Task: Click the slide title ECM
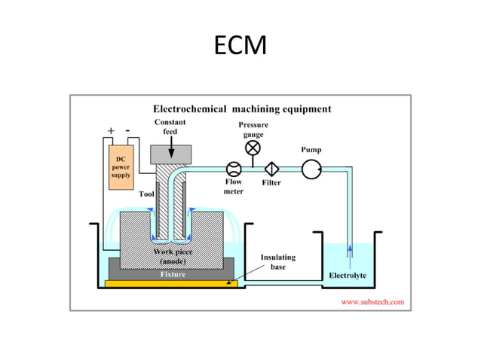tap(240, 47)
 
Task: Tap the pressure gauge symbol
tap(253, 147)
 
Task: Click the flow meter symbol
tap(234, 169)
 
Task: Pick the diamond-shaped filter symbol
tap(271, 169)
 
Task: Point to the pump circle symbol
tap(311, 169)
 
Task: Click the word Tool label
tap(147, 194)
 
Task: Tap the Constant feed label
tap(170, 127)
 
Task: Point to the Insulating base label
tap(278, 261)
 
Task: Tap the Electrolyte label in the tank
tap(348, 275)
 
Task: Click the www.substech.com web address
tap(372, 301)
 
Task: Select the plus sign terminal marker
tap(111, 130)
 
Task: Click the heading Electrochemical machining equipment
tap(242, 108)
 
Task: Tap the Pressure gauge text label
tap(253, 129)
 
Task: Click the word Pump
tap(311, 149)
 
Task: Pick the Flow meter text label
tap(234, 187)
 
